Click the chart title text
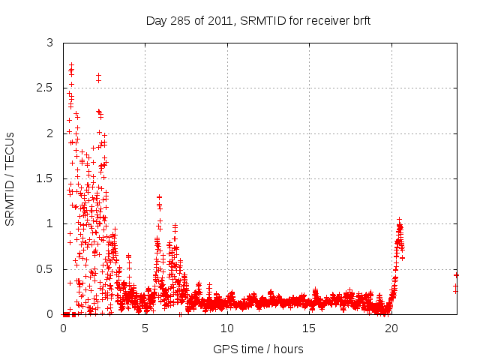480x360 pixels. (x=258, y=20)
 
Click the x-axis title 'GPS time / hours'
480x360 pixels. (x=258, y=349)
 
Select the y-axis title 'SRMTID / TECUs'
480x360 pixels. (x=10, y=178)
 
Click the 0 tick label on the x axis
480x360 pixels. (x=64, y=328)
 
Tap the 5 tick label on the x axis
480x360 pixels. (x=145, y=328)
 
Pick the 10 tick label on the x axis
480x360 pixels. (x=227, y=328)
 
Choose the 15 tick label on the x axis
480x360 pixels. (x=309, y=328)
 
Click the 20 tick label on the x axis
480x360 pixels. (x=391, y=328)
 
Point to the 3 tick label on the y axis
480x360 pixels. (x=49, y=43)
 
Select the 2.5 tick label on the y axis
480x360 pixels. (x=44, y=88)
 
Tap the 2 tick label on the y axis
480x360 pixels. (x=49, y=133)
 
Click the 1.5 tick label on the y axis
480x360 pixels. (x=44, y=178)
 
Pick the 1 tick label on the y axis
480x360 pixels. (x=49, y=223)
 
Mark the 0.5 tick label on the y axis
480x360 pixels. (x=44, y=269)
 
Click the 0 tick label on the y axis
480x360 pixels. (x=49, y=314)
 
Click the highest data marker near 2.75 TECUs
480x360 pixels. (x=71, y=65)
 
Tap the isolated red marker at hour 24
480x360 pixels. (x=456, y=275)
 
